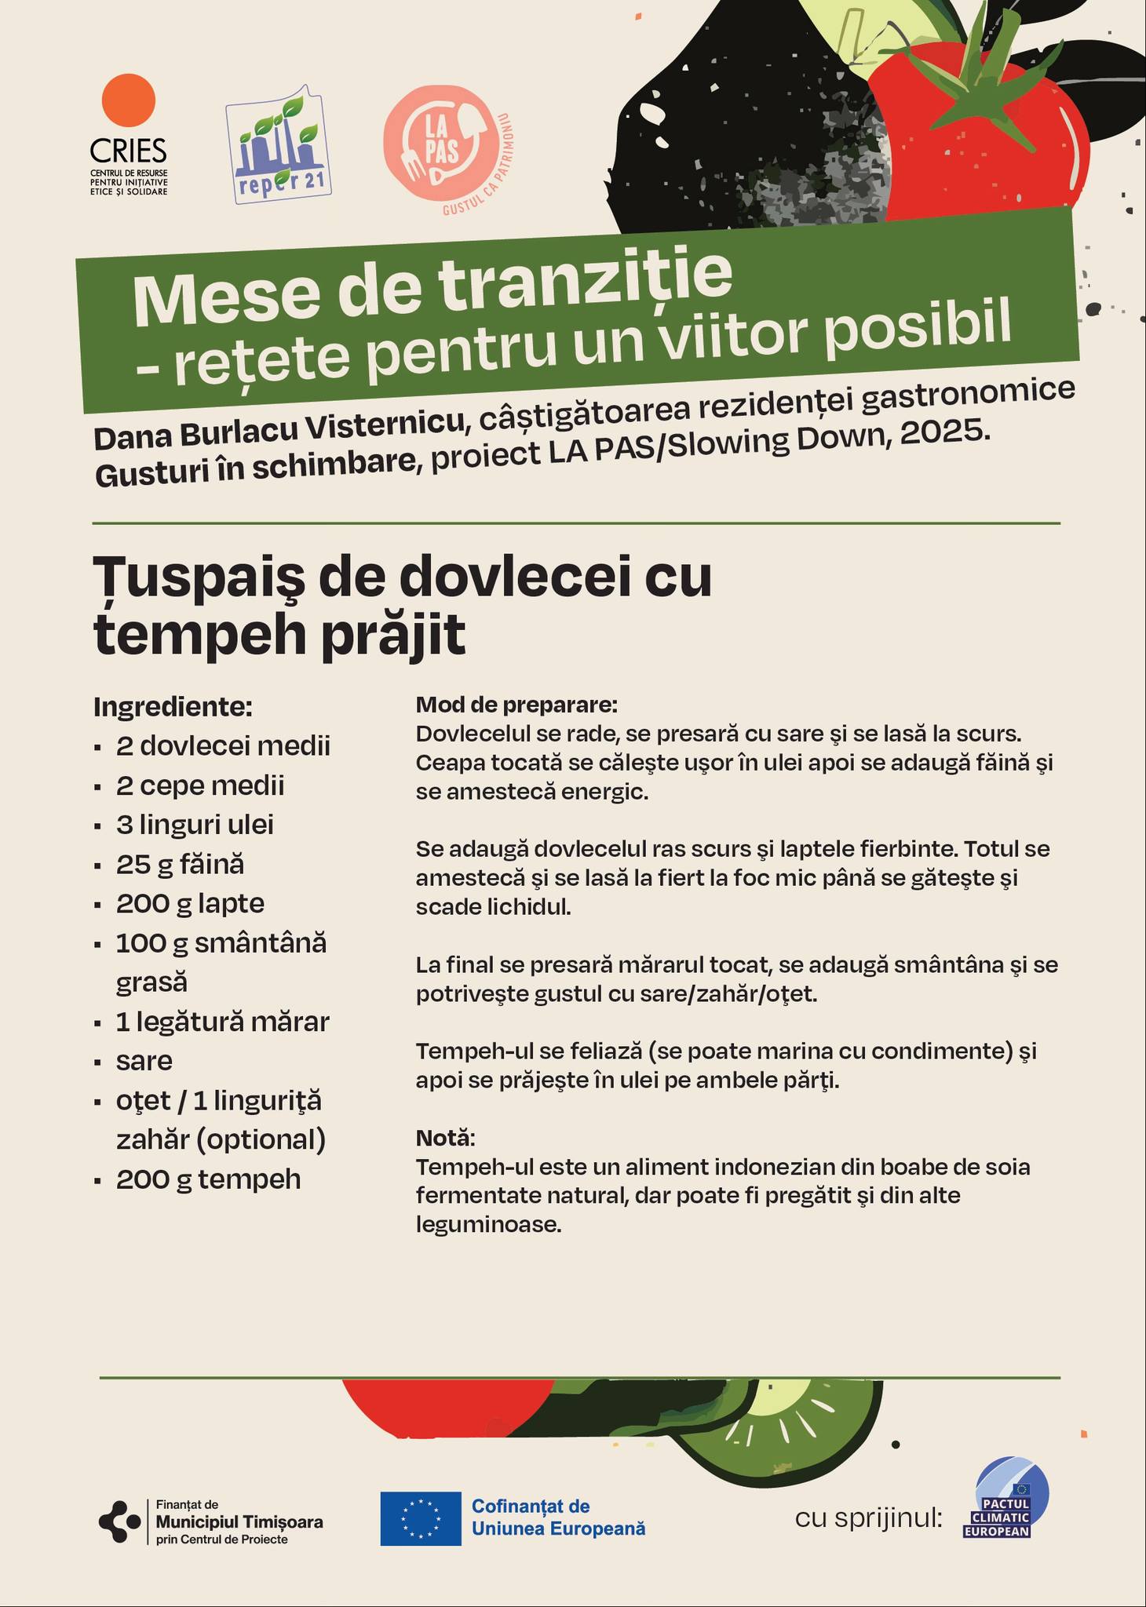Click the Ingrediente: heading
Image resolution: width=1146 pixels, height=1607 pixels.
[173, 707]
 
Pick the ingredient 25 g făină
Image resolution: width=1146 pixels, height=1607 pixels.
[180, 864]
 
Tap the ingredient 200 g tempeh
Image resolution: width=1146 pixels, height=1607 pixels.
[208, 1179]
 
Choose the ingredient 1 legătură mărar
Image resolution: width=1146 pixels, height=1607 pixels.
[222, 1022]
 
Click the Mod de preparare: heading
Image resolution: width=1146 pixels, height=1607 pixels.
[516, 705]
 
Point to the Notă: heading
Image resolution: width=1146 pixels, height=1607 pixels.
[445, 1137]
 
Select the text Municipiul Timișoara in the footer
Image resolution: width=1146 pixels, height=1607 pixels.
[239, 1521]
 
